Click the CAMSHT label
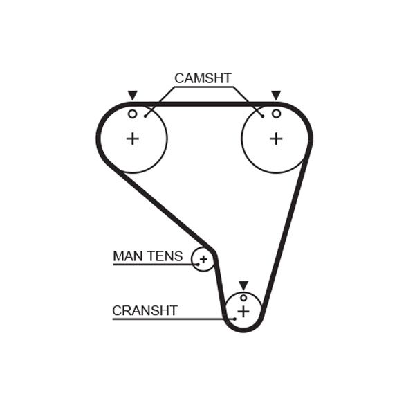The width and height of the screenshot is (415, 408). [x=203, y=78]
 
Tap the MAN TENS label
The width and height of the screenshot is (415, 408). [x=147, y=256]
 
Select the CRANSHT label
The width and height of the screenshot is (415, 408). [x=145, y=310]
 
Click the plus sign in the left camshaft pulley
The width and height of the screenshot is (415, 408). [x=132, y=139]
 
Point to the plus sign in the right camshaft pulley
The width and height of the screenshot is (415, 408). [x=276, y=139]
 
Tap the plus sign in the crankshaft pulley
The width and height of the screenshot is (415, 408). [x=243, y=312]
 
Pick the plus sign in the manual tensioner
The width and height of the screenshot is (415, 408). [x=203, y=260]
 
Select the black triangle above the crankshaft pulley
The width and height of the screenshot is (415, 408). [x=243, y=285]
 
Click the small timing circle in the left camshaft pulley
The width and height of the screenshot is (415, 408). [x=132, y=114]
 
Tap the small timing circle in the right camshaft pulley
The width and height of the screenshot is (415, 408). [x=276, y=114]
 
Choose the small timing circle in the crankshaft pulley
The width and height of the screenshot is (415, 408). [x=243, y=298]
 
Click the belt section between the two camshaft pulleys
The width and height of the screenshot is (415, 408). [x=204, y=104]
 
